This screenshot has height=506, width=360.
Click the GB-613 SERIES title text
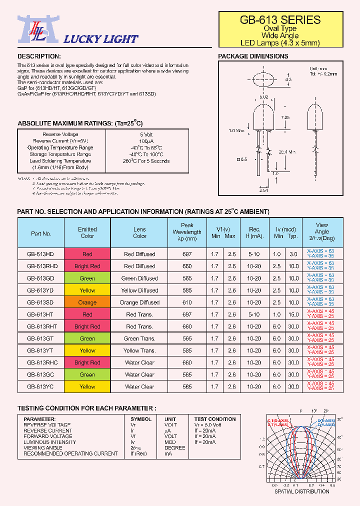pyautogui.click(x=280, y=20)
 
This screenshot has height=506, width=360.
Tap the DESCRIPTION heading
pyautogui.click(x=39, y=56)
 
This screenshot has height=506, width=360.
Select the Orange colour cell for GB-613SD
pyautogui.click(x=87, y=302)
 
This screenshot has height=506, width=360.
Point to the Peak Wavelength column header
pyautogui.click(x=187, y=232)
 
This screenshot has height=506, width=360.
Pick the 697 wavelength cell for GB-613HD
pyautogui.click(x=187, y=254)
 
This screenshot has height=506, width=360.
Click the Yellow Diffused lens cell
pyautogui.click(x=139, y=290)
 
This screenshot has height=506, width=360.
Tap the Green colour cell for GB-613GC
pyautogui.click(x=87, y=374)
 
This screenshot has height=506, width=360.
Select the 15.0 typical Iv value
pyautogui.click(x=293, y=314)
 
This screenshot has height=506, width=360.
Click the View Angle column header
pyautogui.click(x=322, y=231)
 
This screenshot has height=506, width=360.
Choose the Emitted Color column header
pyautogui.click(x=87, y=232)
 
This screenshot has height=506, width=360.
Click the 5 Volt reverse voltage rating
pyautogui.click(x=147, y=134)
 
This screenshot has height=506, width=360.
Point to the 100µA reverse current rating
pyautogui.click(x=147, y=141)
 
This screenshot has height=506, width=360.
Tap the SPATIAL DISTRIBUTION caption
pyautogui.click(x=302, y=491)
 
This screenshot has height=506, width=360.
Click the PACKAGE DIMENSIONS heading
pyautogui.click(x=253, y=56)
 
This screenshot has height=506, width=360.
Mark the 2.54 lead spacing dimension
pyautogui.click(x=263, y=190)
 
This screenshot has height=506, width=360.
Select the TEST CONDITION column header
pyautogui.click(x=215, y=419)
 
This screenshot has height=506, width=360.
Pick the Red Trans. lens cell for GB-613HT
pyautogui.click(x=139, y=314)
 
